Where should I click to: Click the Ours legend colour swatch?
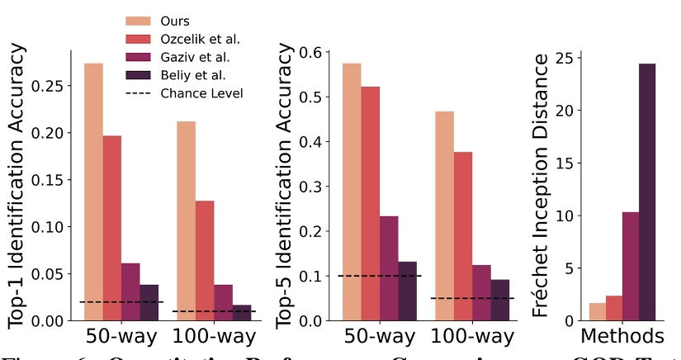(138, 20)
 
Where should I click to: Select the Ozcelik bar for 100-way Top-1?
(205, 260)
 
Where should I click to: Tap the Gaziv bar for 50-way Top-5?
(388, 268)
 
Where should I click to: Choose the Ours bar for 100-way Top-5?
(444, 216)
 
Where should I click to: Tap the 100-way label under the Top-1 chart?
(215, 337)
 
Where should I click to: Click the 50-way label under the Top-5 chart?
(379, 337)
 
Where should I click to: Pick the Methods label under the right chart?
(622, 337)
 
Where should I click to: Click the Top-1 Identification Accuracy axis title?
(18, 185)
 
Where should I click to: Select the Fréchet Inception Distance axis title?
(541, 185)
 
